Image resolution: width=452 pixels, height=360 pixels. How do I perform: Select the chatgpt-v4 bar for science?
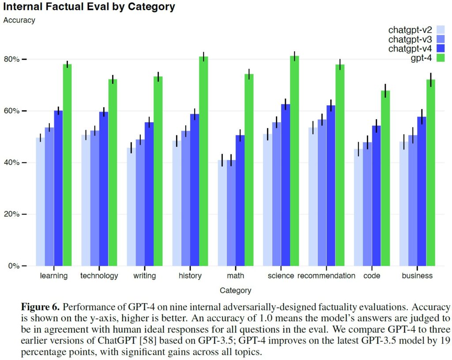click(286, 185)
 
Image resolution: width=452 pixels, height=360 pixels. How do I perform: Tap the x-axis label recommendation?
click(326, 276)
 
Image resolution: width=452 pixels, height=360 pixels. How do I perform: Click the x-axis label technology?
click(99, 276)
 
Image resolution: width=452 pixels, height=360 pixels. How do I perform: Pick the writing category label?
click(144, 276)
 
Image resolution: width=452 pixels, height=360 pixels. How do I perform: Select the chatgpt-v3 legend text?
click(410, 39)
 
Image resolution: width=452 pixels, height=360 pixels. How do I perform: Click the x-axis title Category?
click(235, 290)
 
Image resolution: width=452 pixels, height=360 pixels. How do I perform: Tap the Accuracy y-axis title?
click(19, 20)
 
